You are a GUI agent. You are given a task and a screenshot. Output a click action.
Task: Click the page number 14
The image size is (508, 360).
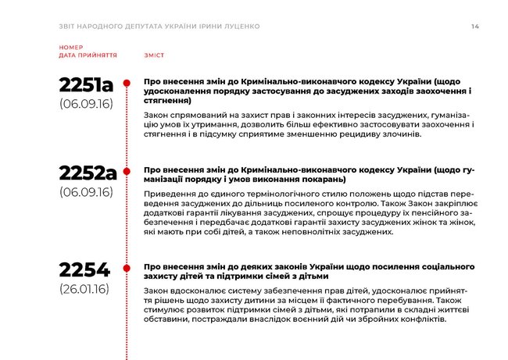pyautogui.click(x=475, y=27)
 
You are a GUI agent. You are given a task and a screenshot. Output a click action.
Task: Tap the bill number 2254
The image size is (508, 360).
pyautogui.click(x=84, y=271)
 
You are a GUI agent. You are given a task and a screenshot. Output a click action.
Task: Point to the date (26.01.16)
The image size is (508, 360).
pyautogui.click(x=84, y=289)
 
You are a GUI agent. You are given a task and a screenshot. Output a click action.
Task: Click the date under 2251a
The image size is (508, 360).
pyautogui.click(x=85, y=103)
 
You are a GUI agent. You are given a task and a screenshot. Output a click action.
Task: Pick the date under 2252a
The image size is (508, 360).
pyautogui.click(x=85, y=192)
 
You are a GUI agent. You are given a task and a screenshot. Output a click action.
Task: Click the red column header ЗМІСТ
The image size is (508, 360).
pyautogui.click(x=154, y=56)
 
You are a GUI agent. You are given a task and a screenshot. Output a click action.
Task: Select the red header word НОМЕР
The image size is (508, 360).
pyautogui.click(x=70, y=48)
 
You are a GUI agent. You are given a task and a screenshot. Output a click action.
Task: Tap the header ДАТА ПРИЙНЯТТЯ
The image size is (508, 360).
pyautogui.click(x=88, y=56)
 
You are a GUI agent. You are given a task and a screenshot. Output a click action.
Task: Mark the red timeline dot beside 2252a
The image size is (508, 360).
pyautogui.click(x=128, y=170)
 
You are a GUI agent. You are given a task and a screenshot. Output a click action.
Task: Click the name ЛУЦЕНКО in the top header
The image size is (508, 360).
pyautogui.click(x=241, y=27)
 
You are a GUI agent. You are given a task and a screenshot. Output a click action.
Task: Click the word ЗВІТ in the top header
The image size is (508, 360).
pyautogui.click(x=69, y=27)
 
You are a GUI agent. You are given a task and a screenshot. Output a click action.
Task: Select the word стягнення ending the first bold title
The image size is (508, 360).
pyautogui.click(x=167, y=101)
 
